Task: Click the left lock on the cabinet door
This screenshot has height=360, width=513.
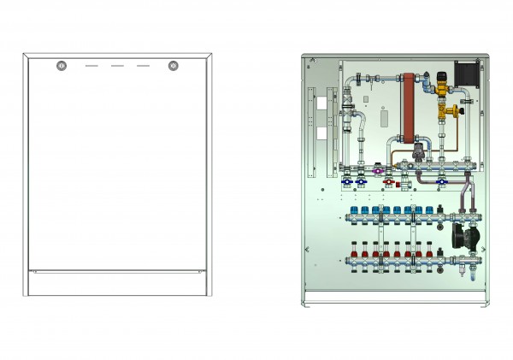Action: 60,66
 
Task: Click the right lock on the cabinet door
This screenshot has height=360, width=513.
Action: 174,66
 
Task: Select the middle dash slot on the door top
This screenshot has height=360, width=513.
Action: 117,66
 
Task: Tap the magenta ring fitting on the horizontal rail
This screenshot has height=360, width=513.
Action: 378,171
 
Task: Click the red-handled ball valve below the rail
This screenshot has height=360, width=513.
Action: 387,182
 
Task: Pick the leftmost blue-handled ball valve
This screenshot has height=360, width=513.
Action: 347,182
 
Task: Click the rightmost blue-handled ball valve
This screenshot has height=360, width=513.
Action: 440,182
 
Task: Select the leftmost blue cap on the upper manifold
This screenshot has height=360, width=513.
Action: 353,209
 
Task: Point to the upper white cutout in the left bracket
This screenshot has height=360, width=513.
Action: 321,103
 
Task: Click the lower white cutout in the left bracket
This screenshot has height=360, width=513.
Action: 321,133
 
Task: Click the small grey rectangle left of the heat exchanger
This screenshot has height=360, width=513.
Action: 383,114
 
